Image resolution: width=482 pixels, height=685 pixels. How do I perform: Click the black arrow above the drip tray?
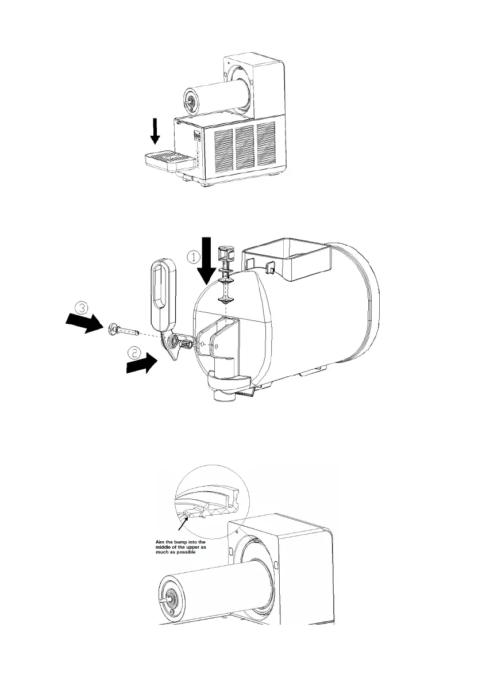pyautogui.click(x=155, y=132)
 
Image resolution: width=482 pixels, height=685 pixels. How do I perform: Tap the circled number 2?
pyautogui.click(x=134, y=351)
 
